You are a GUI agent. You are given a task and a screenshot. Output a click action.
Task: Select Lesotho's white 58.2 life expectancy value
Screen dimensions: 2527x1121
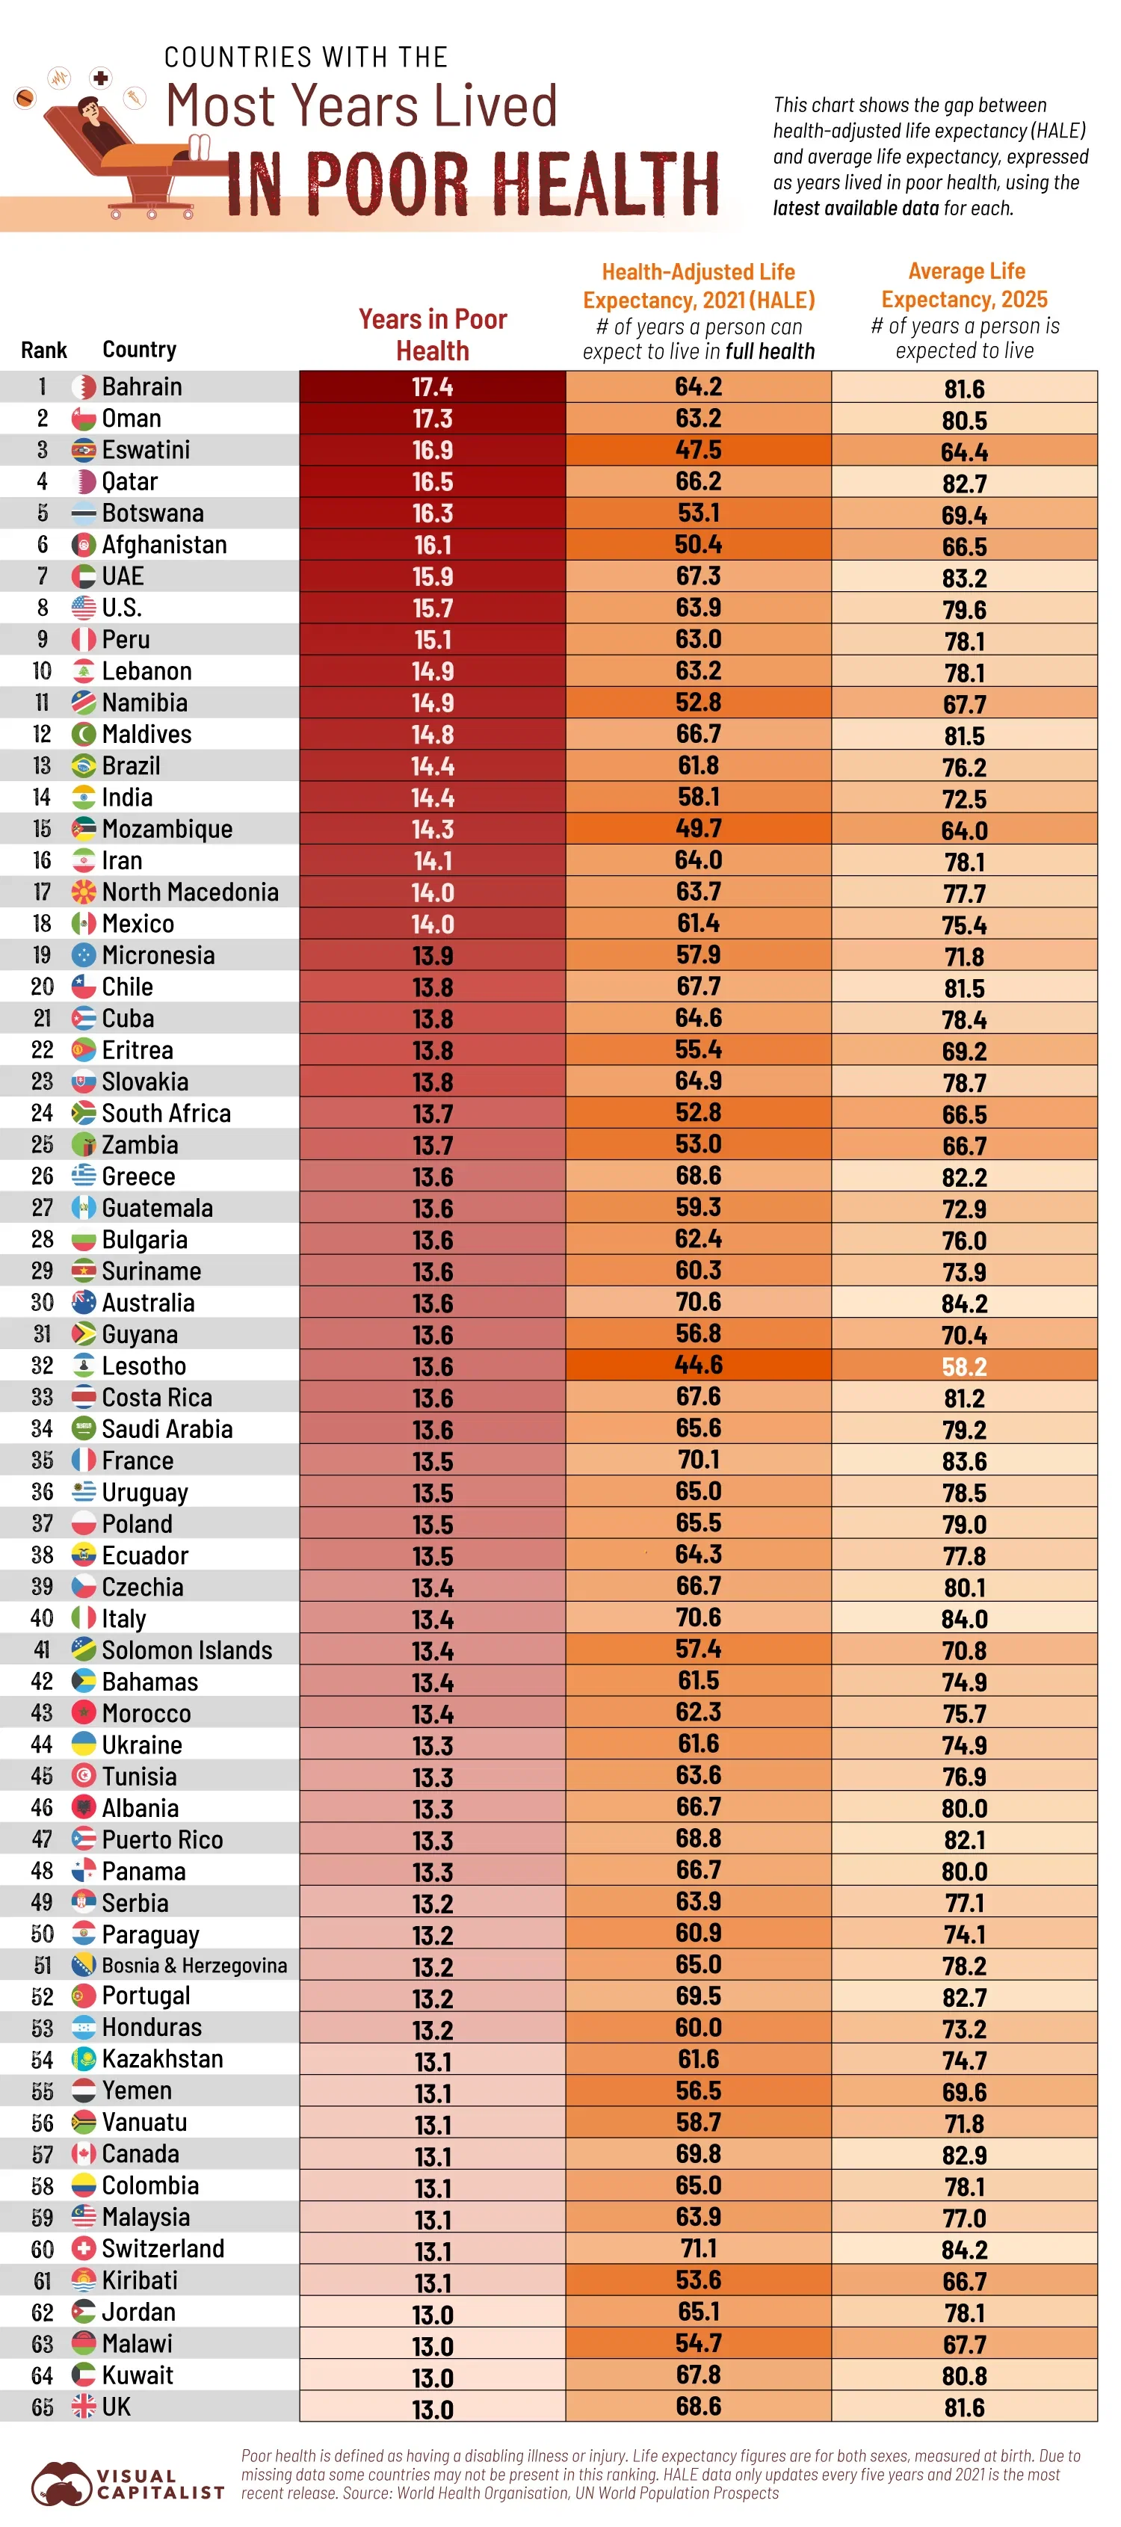[x=963, y=1366]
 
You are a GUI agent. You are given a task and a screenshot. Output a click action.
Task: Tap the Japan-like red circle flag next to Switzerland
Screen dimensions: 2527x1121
[x=84, y=2248]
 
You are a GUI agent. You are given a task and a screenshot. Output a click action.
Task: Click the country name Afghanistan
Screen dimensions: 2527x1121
[x=164, y=544]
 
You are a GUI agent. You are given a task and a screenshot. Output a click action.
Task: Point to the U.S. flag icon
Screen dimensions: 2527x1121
[x=84, y=608]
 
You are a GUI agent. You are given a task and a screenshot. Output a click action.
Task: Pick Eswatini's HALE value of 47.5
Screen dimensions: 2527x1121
[x=697, y=450]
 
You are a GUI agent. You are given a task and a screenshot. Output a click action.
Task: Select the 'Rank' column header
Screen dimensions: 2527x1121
[x=43, y=351]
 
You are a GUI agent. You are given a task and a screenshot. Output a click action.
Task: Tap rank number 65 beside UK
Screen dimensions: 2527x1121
[x=42, y=2407]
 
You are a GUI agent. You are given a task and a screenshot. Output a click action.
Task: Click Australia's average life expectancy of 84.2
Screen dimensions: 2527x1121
[x=963, y=1303]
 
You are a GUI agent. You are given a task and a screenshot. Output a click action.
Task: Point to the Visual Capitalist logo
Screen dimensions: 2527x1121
[x=128, y=2483]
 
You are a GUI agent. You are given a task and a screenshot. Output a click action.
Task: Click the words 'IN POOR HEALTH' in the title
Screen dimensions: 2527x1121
[x=473, y=185]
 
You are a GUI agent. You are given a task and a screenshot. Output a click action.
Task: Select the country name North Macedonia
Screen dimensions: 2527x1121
[x=191, y=892]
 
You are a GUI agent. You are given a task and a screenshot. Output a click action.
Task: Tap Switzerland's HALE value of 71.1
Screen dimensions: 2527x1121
[x=697, y=2247]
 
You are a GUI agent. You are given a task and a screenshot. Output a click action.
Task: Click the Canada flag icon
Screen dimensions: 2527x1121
[x=84, y=2154]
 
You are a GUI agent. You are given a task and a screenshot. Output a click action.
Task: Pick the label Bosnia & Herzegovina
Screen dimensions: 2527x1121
[x=194, y=1965]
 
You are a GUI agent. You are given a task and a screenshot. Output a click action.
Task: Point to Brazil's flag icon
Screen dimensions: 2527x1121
[x=84, y=766]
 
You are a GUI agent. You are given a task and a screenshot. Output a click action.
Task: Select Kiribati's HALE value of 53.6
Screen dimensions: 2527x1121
[x=697, y=2280]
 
